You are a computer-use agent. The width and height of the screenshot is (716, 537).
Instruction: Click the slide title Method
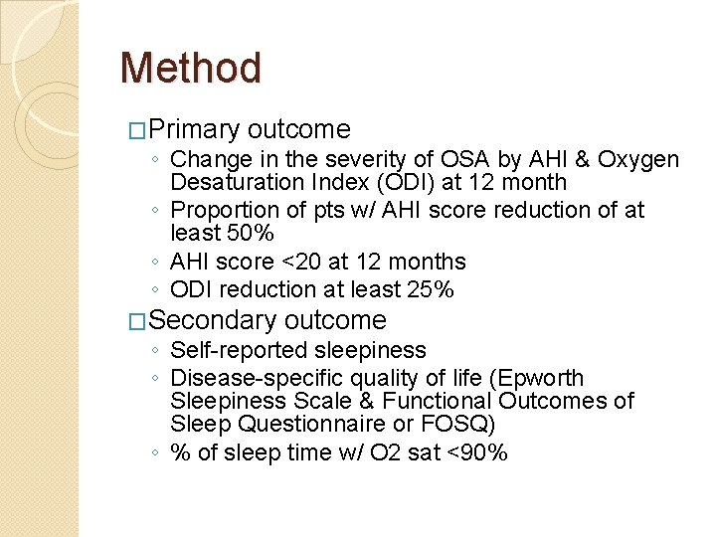click(190, 69)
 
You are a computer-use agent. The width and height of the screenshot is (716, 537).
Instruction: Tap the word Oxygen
click(640, 159)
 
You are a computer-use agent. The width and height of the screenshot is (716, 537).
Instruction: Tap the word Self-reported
click(239, 350)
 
